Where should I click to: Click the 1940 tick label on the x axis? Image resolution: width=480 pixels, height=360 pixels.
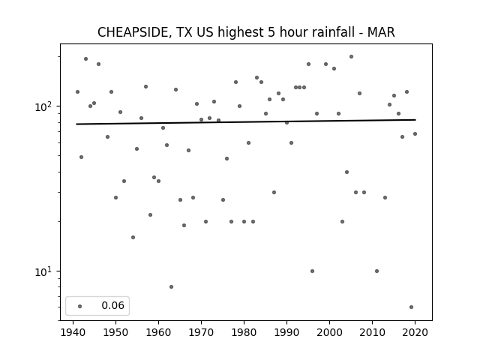[73, 332]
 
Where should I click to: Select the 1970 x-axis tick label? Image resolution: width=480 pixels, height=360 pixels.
[201, 332]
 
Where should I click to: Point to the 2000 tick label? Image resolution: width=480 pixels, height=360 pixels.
[329, 332]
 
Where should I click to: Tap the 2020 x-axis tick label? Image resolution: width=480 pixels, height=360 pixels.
[415, 332]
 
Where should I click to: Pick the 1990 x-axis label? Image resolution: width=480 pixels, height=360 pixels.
[286, 332]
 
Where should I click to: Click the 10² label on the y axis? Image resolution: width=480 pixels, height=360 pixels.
[44, 106]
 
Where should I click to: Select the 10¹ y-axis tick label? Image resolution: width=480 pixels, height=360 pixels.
[44, 271]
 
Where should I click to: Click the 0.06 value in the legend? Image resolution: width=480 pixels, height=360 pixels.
[113, 305]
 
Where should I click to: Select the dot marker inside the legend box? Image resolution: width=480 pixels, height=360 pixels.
[80, 306]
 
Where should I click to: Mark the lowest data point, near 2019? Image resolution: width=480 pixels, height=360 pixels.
[411, 307]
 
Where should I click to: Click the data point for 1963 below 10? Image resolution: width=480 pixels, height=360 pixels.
[172, 286]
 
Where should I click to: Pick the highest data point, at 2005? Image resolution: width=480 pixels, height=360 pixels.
[352, 57]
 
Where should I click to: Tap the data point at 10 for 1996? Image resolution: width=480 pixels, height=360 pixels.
[312, 271]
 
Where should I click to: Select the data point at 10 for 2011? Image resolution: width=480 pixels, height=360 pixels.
[376, 271]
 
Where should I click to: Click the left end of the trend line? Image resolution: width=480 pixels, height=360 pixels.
[76, 124]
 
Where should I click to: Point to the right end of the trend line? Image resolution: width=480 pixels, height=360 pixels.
[415, 120]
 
